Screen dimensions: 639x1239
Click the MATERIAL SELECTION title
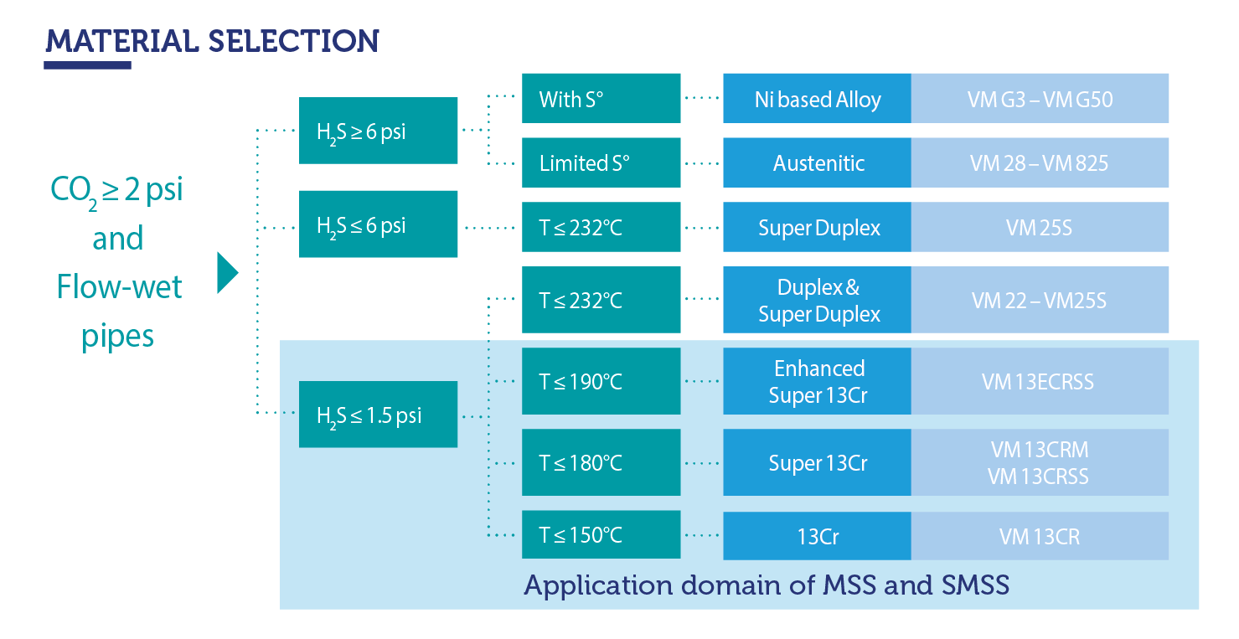point(212,40)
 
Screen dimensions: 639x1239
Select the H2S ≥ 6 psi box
point(378,131)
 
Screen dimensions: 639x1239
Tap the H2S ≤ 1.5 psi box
point(378,415)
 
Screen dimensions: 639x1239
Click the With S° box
point(601,99)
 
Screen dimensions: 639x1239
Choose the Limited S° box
point(601,162)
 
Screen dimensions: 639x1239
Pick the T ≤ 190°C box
point(601,382)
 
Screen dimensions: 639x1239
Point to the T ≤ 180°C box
point(601,462)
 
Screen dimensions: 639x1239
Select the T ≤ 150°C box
point(601,535)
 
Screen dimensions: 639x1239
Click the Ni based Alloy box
point(817,99)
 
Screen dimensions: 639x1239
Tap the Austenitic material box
point(817,162)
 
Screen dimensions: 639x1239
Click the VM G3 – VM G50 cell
point(1040,99)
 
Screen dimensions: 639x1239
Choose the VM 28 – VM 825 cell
point(1040,162)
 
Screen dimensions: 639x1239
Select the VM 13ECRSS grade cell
point(1040,382)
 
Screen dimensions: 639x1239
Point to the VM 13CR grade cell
point(1040,536)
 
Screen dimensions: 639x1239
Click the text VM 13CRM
point(1039,450)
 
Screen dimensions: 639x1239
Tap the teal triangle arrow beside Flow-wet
point(227,273)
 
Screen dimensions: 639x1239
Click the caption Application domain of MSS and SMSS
point(766,585)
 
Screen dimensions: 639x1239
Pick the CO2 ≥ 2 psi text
point(117,190)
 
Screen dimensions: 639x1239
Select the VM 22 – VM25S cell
point(1040,300)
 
